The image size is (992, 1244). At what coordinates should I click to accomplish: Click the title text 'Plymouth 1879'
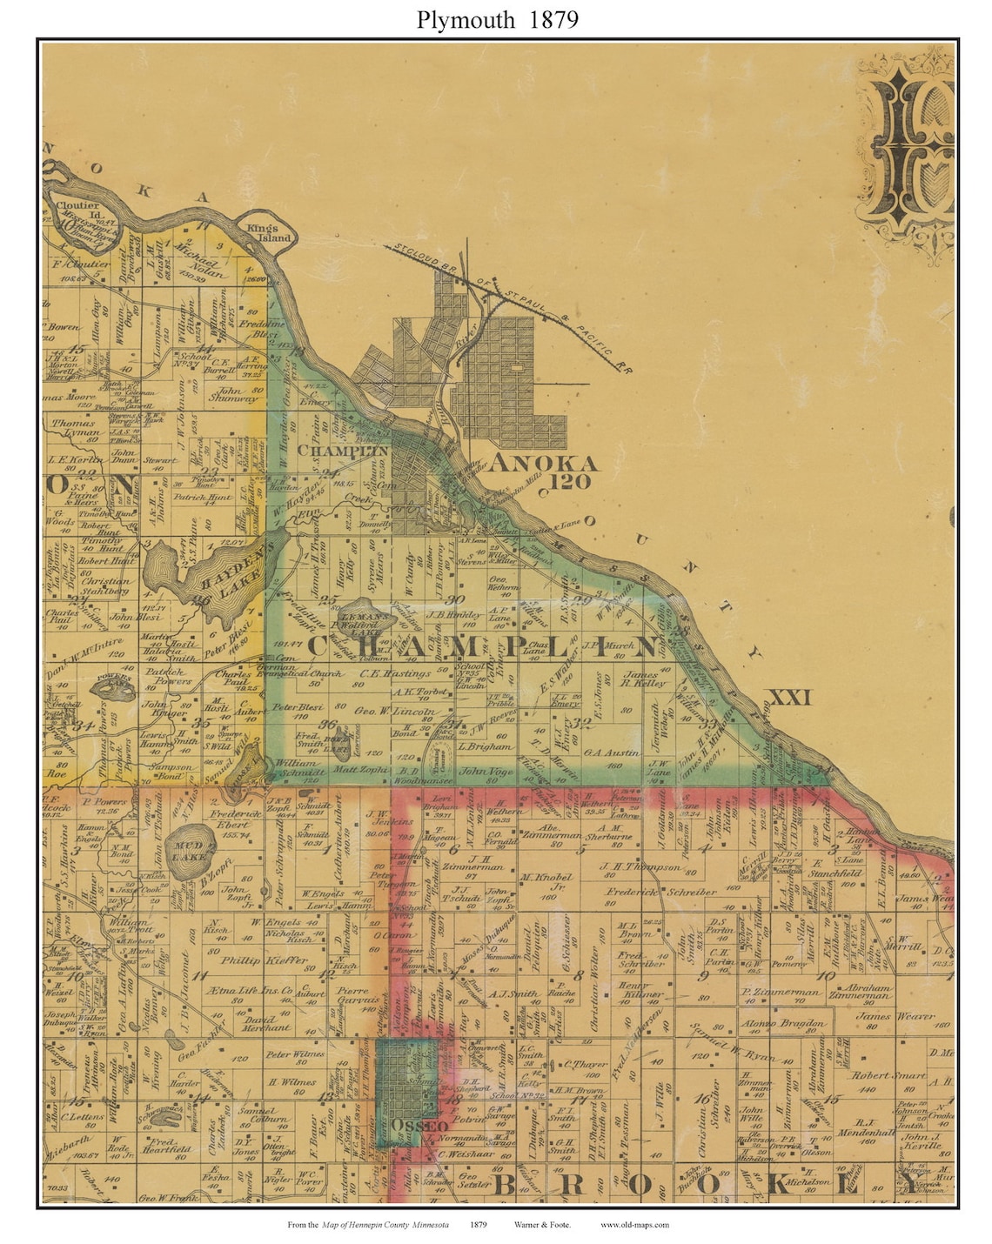click(x=497, y=19)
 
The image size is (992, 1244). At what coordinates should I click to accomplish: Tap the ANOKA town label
click(x=543, y=463)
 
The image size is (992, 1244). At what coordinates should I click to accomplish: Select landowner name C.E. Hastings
click(x=395, y=673)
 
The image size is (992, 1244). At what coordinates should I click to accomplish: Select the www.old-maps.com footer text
click(x=634, y=1225)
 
